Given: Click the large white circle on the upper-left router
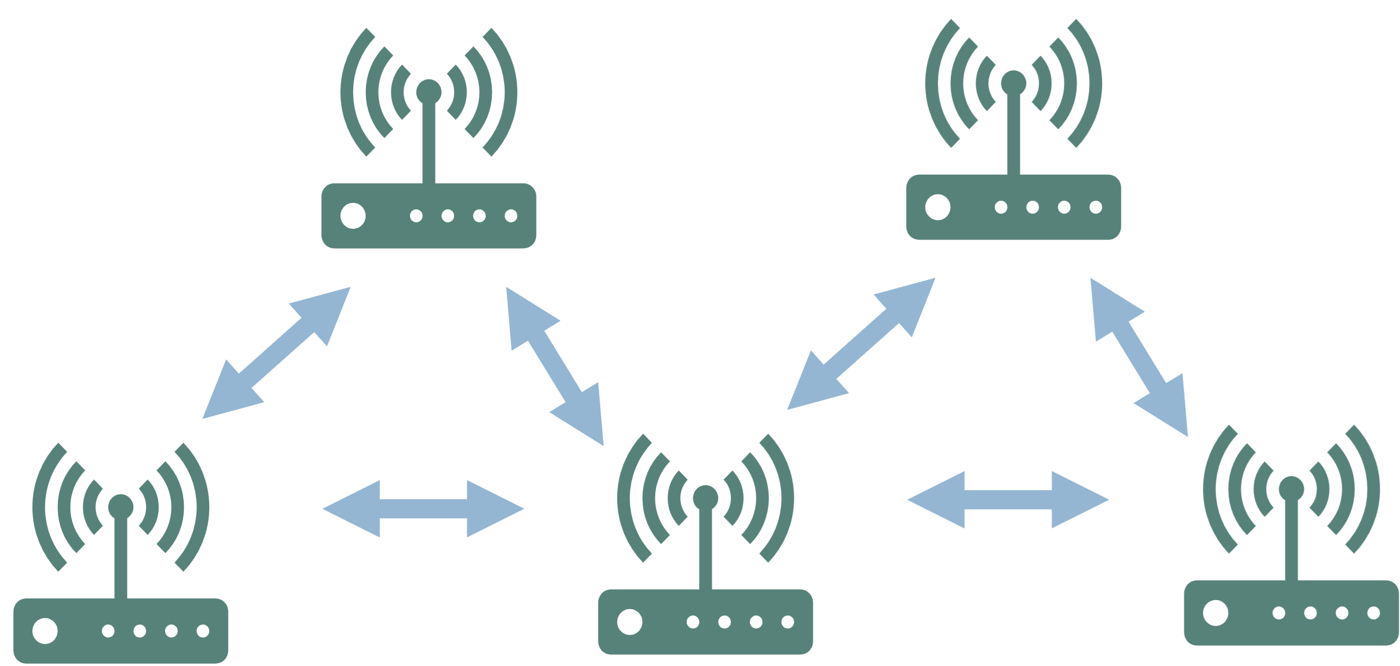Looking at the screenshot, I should (353, 216).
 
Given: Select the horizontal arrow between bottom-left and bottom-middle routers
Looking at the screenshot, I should (423, 509).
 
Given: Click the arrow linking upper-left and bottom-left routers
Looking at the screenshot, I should (276, 353).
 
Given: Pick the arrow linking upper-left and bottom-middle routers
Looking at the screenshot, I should (555, 366).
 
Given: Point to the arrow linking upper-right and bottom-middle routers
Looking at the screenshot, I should (861, 344).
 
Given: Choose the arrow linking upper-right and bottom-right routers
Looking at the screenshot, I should (1139, 357).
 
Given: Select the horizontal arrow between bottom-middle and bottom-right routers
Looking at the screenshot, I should (1008, 500).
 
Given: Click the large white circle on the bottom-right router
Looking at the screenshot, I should (1216, 613).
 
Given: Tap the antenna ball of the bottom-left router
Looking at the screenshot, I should (121, 507).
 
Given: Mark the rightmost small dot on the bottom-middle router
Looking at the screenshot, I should (788, 622).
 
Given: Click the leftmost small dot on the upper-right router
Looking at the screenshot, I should (1001, 207).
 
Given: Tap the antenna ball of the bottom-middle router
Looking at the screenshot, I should (705, 498).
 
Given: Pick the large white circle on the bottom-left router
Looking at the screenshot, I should (45, 631).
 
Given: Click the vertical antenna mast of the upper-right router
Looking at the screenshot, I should (1013, 136).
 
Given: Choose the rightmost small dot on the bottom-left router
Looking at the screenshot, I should (203, 631).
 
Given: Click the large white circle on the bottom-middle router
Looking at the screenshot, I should (630, 622).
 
